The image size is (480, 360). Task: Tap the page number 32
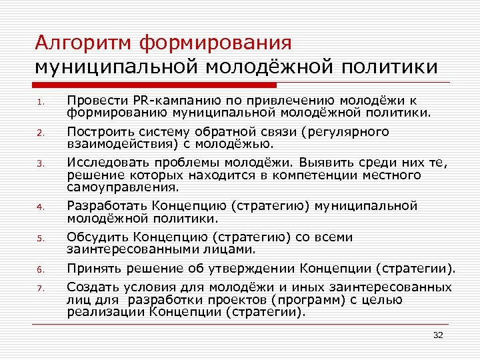coord(438,335)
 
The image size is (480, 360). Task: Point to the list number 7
coord(40,289)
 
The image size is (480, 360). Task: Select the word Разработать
coord(106,206)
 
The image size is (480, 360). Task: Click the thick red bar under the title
coord(156,85)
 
